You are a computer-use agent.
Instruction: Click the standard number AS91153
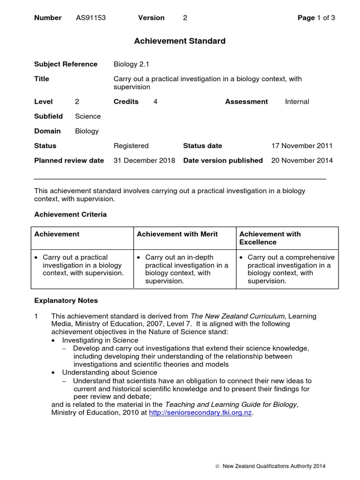(91, 18)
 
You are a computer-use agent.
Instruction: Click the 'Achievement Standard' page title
(180, 41)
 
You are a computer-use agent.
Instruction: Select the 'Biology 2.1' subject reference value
(131, 64)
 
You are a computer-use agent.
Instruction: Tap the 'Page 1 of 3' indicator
(316, 18)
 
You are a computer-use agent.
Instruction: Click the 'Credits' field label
(126, 102)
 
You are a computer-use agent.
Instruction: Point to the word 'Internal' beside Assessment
(297, 102)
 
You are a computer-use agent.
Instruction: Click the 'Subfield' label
(48, 116)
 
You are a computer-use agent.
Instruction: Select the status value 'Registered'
(131, 146)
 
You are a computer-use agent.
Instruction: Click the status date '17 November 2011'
(302, 146)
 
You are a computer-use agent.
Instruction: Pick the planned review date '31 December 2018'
(144, 160)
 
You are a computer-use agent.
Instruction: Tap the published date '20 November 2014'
(302, 160)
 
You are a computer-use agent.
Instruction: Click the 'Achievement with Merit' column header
(177, 234)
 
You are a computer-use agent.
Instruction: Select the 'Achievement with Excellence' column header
(270, 238)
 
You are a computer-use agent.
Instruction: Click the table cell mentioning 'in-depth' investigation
(184, 269)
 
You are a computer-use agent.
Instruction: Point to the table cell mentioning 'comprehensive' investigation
(287, 269)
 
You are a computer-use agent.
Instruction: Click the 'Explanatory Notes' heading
(66, 300)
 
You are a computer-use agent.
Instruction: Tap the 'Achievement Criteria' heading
(70, 215)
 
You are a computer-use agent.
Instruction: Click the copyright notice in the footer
(270, 466)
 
